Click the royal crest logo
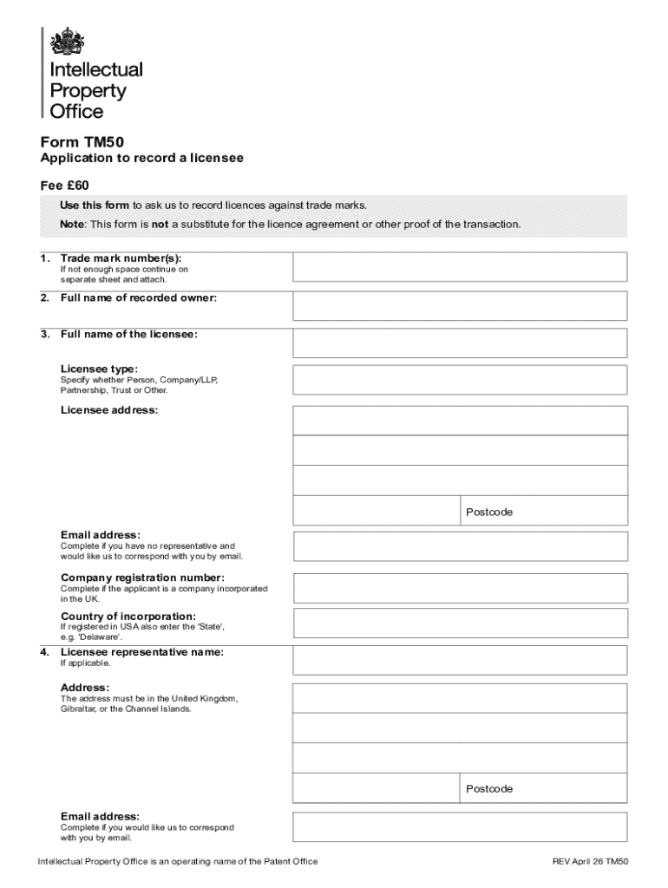tap(67, 42)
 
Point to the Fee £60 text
tap(65, 186)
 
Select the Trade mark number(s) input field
tap(460, 267)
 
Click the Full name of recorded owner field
tap(460, 306)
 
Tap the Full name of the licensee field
tap(460, 343)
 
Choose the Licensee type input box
tap(460, 379)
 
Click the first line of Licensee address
tap(460, 420)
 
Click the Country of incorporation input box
tap(460, 624)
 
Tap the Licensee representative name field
tap(460, 660)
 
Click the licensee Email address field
tap(460, 546)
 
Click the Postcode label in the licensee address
tap(489, 512)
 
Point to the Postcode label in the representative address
tap(489, 788)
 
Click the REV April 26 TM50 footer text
tap(590, 861)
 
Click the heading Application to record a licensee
tap(142, 159)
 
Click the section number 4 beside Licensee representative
tap(44, 651)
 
